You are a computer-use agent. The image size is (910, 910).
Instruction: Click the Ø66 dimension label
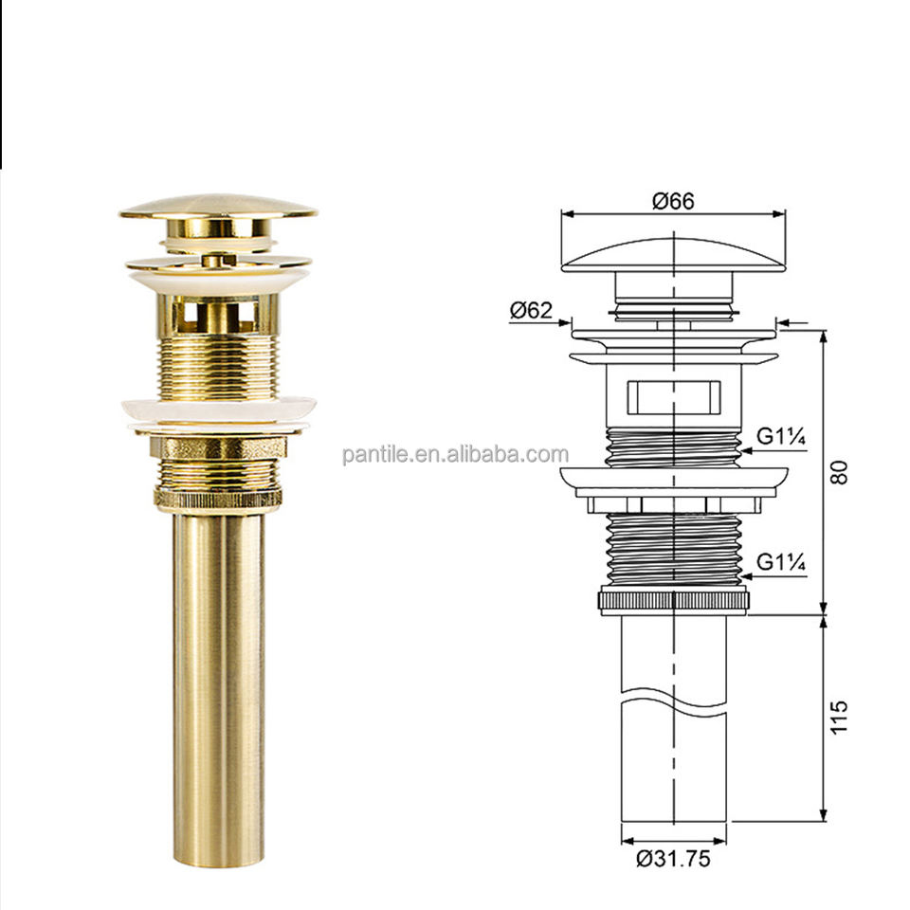pos(673,201)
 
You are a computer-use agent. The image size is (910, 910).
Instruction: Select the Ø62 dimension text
pos(531,311)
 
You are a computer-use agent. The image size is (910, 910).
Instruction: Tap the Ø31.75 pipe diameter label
pos(673,859)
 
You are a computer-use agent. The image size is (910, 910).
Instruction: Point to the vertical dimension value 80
pos(839,472)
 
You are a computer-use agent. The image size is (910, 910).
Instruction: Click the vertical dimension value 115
pos(839,718)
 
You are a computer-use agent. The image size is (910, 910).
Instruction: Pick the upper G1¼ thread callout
pos(781,436)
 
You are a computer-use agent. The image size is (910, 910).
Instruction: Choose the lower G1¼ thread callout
pos(781,562)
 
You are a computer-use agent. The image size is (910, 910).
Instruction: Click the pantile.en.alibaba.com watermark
pos(456,454)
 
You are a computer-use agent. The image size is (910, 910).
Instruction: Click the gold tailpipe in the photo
pos(219,689)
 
